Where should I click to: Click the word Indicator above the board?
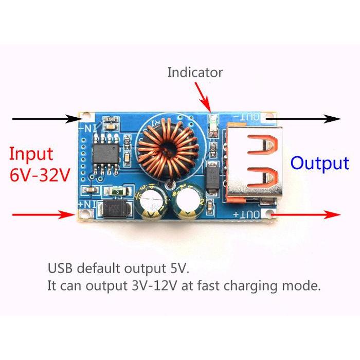(195, 73)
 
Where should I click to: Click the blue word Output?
(319, 163)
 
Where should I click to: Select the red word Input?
(31, 154)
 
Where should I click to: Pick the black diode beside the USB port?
(212, 177)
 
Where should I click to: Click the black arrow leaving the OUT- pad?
(309, 118)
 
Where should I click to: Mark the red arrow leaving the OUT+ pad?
(309, 214)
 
